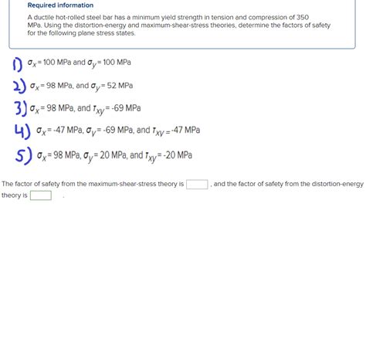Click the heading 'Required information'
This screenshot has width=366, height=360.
point(60,5)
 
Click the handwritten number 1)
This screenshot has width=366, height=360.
point(17,63)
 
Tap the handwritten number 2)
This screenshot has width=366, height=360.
point(17,85)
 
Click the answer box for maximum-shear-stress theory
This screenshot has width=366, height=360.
point(197,184)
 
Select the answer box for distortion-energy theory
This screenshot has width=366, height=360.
point(40,195)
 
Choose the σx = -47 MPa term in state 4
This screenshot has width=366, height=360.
point(59,131)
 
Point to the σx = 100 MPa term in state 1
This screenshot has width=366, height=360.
point(53,63)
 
